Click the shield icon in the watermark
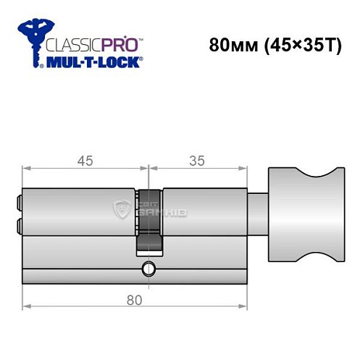120,210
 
